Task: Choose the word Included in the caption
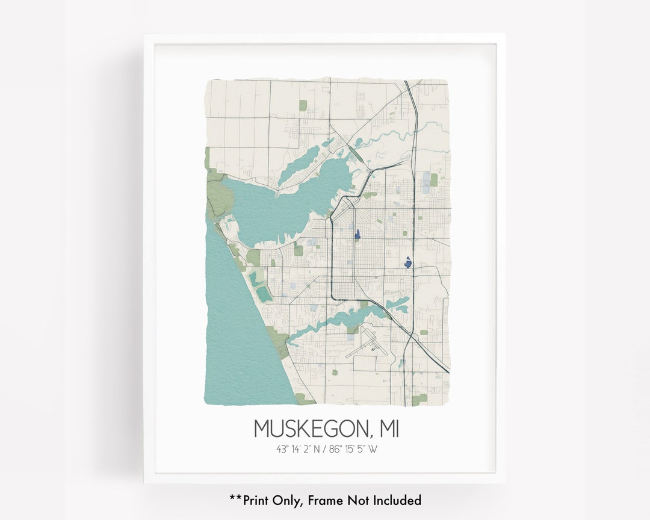(395, 500)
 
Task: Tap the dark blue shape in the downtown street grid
(357, 234)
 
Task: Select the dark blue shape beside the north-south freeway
(408, 262)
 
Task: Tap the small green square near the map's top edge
(303, 105)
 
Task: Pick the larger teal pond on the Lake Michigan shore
(264, 294)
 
